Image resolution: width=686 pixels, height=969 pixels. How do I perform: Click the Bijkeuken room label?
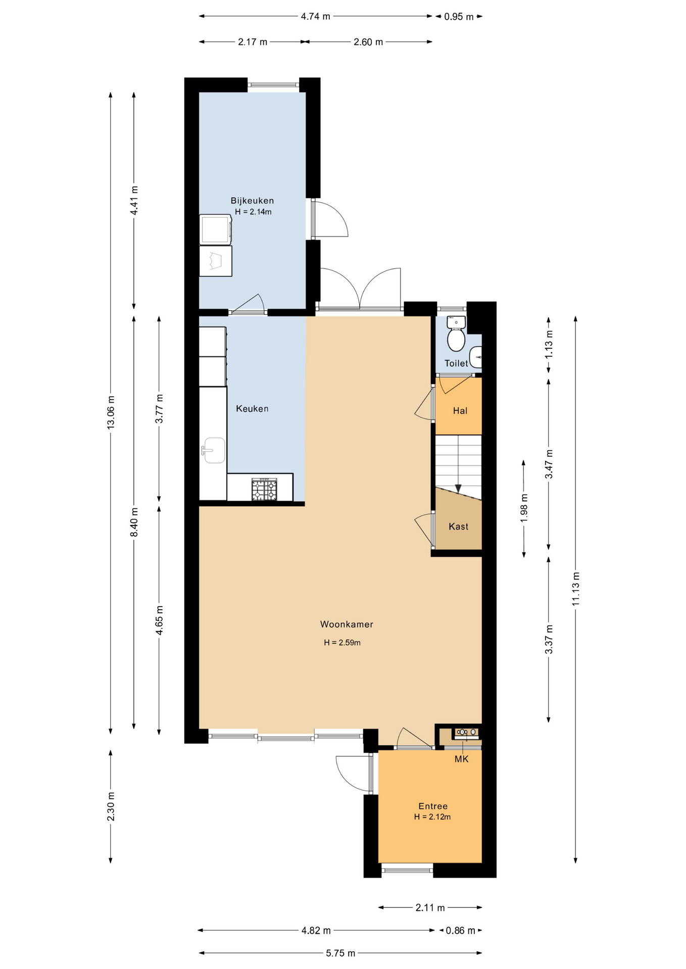pyautogui.click(x=252, y=200)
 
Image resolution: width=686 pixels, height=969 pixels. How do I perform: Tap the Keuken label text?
pyautogui.click(x=252, y=408)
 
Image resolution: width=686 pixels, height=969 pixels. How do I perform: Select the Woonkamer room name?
pyautogui.click(x=347, y=624)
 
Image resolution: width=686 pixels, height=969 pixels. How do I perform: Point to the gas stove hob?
pyautogui.click(x=265, y=490)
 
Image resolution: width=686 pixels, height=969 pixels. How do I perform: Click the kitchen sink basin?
pyautogui.click(x=214, y=450)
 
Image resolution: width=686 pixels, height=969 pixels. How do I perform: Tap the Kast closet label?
pyautogui.click(x=458, y=526)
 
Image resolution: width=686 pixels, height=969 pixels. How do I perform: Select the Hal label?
pyautogui.click(x=460, y=411)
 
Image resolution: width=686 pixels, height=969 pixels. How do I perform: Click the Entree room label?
pyautogui.click(x=433, y=806)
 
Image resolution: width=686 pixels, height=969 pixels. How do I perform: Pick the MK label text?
pyautogui.click(x=461, y=759)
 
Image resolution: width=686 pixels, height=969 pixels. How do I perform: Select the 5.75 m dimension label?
pyautogui.click(x=340, y=953)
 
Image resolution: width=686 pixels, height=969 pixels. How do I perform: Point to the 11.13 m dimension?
pyautogui.click(x=576, y=589)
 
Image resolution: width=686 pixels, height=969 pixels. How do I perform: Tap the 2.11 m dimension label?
pyautogui.click(x=430, y=907)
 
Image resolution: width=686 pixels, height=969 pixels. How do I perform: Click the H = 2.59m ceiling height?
pyautogui.click(x=342, y=642)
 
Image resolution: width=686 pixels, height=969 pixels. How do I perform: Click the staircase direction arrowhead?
pyautogui.click(x=458, y=489)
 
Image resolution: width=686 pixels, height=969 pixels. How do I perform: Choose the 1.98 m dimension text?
pyautogui.click(x=524, y=508)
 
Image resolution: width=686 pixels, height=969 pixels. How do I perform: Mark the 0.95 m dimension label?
pyautogui.click(x=459, y=17)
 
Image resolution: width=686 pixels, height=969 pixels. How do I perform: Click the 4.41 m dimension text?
pyautogui.click(x=134, y=200)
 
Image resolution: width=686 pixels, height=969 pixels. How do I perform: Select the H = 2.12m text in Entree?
pyautogui.click(x=432, y=817)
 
